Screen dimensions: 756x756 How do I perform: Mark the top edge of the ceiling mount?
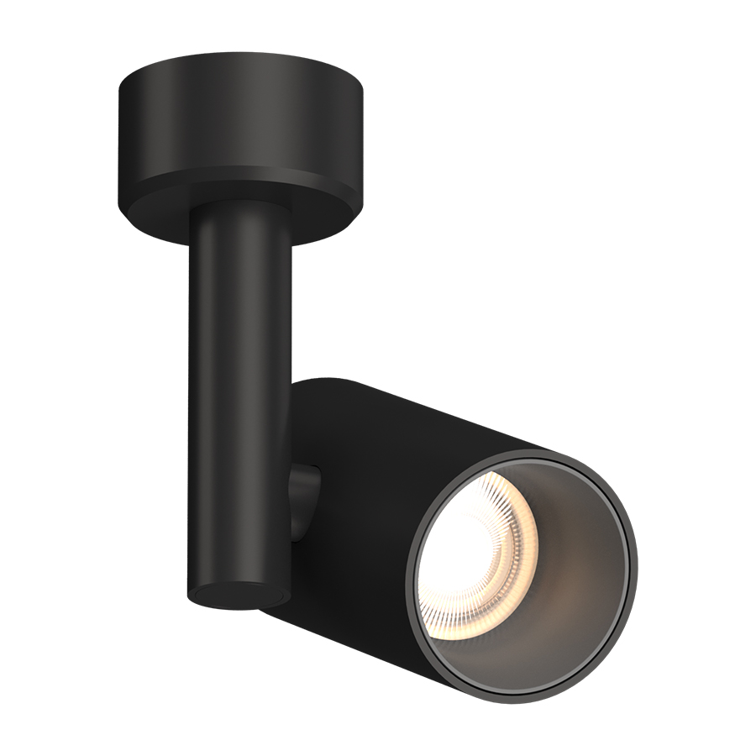[244, 61]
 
